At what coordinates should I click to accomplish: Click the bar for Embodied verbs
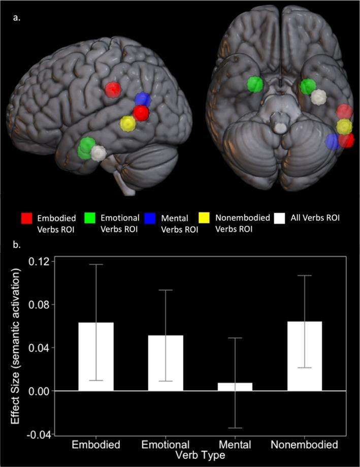click(x=95, y=356)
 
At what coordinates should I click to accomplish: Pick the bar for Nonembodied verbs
click(x=305, y=356)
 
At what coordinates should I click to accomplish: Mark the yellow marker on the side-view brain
click(x=127, y=123)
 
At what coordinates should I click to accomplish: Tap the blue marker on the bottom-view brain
click(x=333, y=142)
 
